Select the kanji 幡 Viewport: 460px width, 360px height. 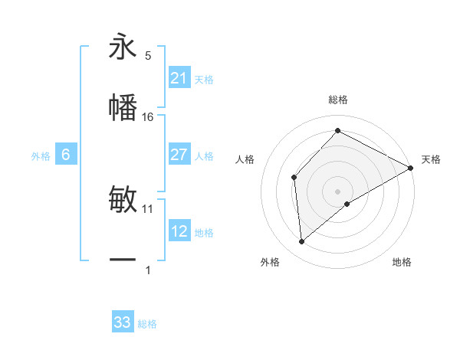[123, 106]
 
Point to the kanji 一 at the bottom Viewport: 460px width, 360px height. [123, 260]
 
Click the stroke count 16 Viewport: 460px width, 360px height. [148, 117]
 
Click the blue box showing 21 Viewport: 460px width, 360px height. [179, 78]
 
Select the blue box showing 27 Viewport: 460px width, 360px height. [179, 155]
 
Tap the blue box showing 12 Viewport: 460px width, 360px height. [179, 231]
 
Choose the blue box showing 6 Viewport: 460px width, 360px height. [65, 155]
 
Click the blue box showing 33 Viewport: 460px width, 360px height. [123, 322]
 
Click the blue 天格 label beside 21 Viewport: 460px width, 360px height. [204, 79]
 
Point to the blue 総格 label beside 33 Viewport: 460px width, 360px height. [147, 323]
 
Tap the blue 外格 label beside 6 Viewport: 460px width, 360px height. [41, 155]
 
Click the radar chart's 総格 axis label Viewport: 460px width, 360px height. [337, 100]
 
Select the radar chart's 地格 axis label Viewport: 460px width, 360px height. [402, 262]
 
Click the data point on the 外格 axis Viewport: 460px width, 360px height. [302, 242]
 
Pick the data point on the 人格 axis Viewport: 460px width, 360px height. [294, 178]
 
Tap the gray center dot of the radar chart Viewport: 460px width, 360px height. [337, 191]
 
